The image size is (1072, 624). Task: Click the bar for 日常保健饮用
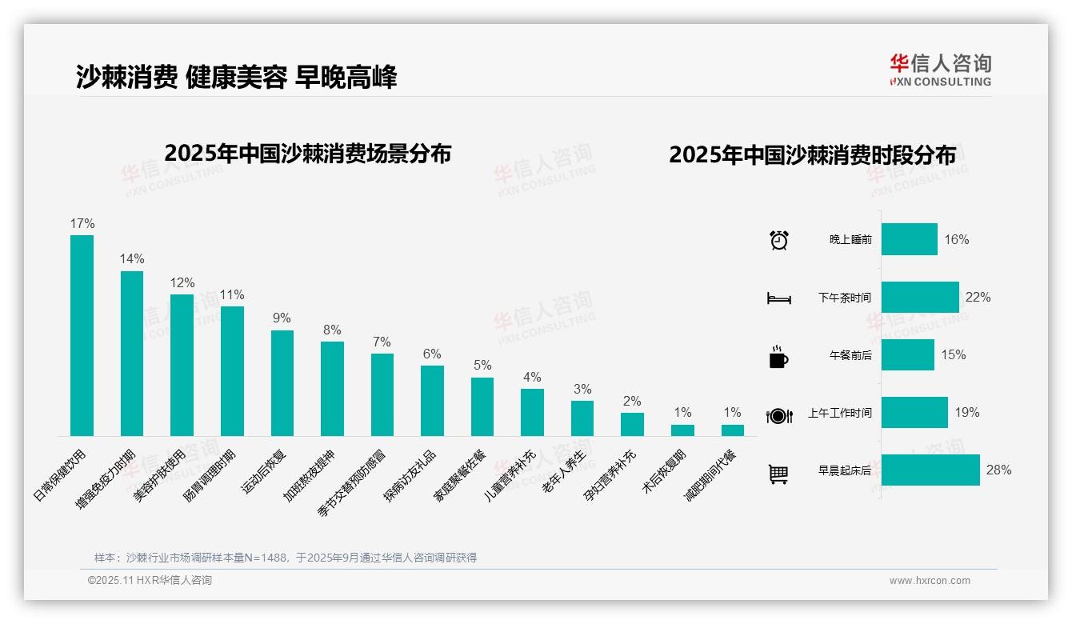coord(82,335)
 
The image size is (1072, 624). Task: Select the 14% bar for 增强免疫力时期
coord(132,354)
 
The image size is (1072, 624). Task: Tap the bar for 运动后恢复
coord(282,383)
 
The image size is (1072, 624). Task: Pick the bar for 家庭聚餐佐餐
coord(482,406)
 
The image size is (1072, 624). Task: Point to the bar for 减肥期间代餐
coord(732,430)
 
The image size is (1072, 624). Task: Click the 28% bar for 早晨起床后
coord(930,470)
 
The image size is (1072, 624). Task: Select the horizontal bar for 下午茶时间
coord(920,297)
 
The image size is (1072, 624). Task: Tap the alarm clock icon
coord(778,240)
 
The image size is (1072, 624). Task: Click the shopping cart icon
coord(778,474)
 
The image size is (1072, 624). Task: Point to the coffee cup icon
coord(778,357)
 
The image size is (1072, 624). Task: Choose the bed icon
coord(778,298)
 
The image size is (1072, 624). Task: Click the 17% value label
coord(82,224)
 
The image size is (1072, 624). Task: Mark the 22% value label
coord(978,298)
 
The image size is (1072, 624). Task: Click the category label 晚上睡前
coord(850,240)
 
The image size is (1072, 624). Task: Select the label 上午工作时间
coord(839,414)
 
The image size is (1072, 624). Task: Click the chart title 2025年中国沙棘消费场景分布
coord(308,154)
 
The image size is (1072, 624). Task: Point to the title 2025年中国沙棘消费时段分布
coord(812,155)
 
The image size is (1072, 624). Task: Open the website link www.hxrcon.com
coord(929,581)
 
